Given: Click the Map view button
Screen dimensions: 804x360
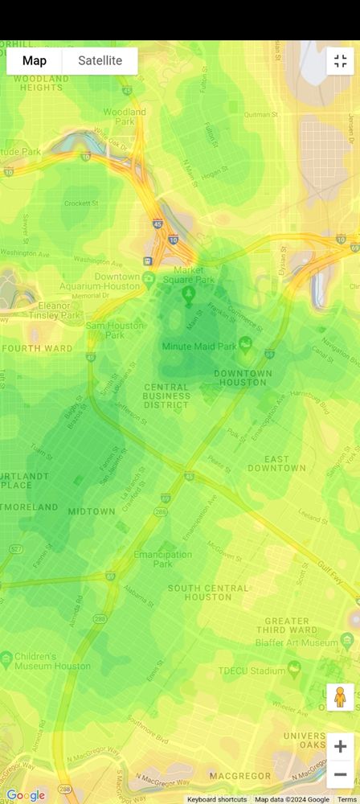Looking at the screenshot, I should point(35,61).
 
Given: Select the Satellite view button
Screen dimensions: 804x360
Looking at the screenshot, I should point(100,61).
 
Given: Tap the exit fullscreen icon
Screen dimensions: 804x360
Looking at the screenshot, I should point(340,61).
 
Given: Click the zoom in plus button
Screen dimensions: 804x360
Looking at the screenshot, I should point(340,746).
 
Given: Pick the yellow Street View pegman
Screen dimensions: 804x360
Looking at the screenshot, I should point(340,697).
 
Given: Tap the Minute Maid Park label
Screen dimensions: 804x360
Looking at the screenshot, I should point(199,347).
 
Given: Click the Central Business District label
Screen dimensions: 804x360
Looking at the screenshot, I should point(166,396).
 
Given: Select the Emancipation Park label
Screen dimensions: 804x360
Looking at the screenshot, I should point(162,560).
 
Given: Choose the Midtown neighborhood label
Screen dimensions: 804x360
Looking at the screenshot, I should point(91,511).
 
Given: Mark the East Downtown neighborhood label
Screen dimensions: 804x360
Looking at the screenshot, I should point(276,463).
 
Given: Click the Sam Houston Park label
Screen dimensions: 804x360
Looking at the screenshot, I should point(116,330).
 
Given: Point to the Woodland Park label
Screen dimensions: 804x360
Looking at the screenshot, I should point(125,117).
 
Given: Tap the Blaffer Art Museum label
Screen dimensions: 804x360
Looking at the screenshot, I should point(302,643).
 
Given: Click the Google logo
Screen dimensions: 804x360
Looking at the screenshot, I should point(25,795).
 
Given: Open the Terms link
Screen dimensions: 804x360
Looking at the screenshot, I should point(347,799).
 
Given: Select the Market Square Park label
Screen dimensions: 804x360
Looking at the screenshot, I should point(190,276).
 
